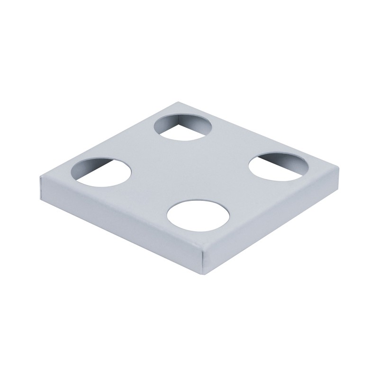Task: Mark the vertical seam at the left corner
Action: click(x=41, y=187)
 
